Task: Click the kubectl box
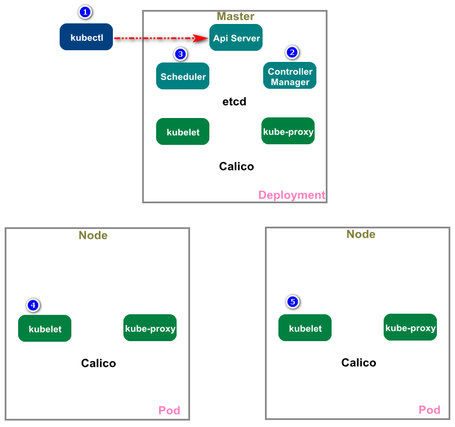[x=86, y=37]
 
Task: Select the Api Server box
[x=236, y=37]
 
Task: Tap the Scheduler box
[x=182, y=76]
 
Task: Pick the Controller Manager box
[x=290, y=76]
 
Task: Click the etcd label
[x=234, y=102]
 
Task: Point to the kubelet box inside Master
[x=182, y=131]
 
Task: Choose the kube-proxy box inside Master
[x=288, y=131]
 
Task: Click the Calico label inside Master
[x=236, y=166]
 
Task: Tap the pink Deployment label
[x=291, y=195]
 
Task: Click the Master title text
[x=235, y=16]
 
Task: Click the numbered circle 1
[x=85, y=12]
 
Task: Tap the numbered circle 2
[x=292, y=52]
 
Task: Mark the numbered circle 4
[x=33, y=305]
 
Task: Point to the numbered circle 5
[x=293, y=302]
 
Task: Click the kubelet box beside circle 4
[x=44, y=328]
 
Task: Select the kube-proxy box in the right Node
[x=410, y=327]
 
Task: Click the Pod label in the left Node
[x=169, y=411]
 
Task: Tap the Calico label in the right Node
[x=359, y=363]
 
